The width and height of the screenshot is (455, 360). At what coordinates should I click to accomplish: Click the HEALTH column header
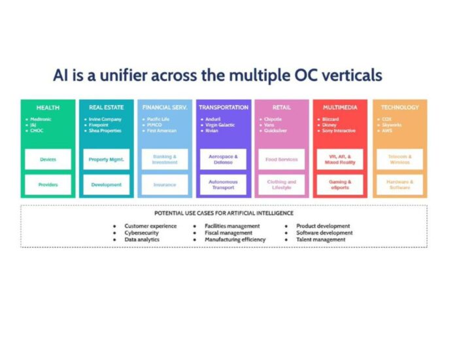48,107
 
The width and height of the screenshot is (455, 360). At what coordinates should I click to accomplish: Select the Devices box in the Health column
48,159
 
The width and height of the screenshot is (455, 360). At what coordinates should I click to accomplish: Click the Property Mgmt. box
106,159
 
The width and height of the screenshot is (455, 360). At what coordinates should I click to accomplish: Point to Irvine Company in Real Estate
105,120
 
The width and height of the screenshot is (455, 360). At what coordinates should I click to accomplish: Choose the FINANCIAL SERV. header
165,107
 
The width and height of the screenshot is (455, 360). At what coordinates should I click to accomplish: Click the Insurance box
165,185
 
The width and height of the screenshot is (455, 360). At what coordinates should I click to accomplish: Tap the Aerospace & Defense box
224,159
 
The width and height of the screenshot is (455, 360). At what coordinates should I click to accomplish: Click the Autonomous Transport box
224,185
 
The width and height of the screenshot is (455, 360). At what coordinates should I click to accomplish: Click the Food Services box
282,159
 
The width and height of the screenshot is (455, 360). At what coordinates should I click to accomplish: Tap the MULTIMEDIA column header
340,107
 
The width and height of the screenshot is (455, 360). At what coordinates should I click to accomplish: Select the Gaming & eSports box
340,185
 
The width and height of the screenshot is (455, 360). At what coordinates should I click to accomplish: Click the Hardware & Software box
399,185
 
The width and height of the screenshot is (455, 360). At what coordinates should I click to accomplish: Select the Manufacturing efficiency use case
235,240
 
